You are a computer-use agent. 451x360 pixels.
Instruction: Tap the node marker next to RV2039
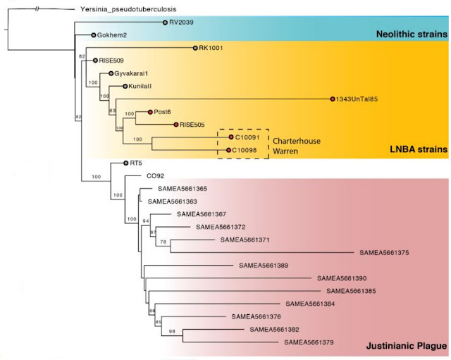pyautogui.click(x=165, y=23)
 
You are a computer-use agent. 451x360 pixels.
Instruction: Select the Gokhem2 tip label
pyautogui.click(x=111, y=35)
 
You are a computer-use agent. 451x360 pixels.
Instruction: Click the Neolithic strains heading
pyautogui.click(x=412, y=35)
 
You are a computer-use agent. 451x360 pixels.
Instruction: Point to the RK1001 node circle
pyautogui.click(x=194, y=49)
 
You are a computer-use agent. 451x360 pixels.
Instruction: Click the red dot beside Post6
pyautogui.click(x=149, y=111)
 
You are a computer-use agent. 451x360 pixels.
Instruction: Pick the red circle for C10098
pyautogui.click(x=230, y=150)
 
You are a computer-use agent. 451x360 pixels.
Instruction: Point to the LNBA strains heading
pyautogui.click(x=419, y=149)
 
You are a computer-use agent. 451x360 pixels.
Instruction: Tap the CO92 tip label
pyautogui.click(x=155, y=175)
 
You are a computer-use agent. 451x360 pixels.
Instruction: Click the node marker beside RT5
pyautogui.click(x=125, y=163)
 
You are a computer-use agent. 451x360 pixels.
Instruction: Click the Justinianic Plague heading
pyautogui.click(x=406, y=346)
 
